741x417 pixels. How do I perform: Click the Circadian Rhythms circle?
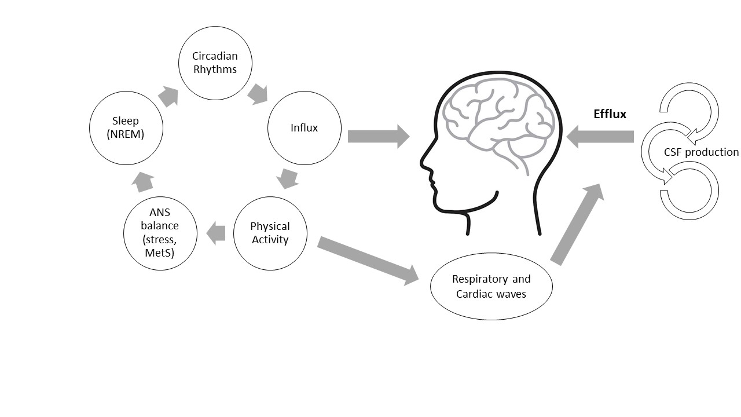(215, 63)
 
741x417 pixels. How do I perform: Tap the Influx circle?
(304, 128)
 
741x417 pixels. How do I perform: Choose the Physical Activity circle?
(270, 233)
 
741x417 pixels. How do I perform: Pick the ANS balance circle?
(160, 233)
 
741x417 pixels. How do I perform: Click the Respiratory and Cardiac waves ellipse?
(491, 286)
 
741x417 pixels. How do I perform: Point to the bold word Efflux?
(610, 114)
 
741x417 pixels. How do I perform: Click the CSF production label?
(701, 152)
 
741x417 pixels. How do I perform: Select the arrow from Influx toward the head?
(378, 137)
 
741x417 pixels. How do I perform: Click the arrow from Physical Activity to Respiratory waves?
(368, 259)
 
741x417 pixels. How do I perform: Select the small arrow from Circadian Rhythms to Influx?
(257, 94)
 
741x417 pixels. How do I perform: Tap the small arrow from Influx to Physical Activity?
(288, 178)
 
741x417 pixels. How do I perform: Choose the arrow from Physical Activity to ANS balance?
(216, 233)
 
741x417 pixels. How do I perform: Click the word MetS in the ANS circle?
(160, 253)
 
